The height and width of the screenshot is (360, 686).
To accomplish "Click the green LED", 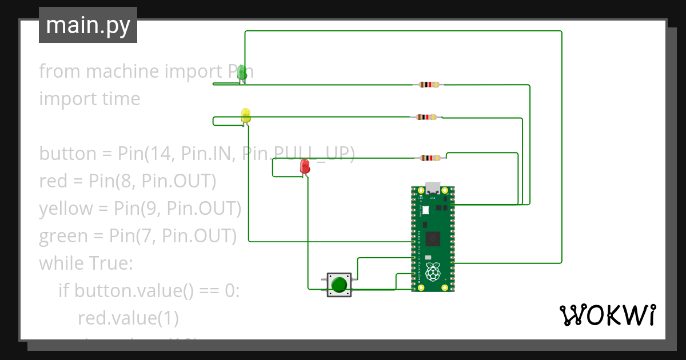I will [x=242, y=73].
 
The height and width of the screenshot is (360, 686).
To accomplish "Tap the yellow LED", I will [x=246, y=115].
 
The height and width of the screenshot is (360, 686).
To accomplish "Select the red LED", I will [x=305, y=166].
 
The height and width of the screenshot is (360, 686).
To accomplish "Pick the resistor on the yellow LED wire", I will [x=427, y=117].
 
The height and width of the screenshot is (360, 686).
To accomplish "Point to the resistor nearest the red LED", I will [x=430, y=158].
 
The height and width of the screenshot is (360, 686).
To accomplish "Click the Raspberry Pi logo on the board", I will [x=433, y=272].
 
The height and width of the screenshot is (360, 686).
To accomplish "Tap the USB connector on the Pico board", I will [x=433, y=189].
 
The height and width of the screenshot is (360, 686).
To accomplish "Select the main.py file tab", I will [x=88, y=25].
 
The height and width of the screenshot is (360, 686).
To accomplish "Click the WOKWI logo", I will [x=607, y=315].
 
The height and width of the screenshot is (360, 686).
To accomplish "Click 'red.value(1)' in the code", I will [x=128, y=318].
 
